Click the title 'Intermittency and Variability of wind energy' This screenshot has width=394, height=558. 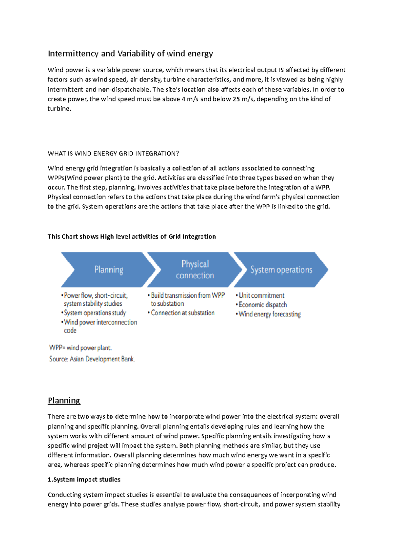(x=130, y=54)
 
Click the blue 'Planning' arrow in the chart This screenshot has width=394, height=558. (x=108, y=269)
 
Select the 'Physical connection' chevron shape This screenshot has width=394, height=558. (x=195, y=269)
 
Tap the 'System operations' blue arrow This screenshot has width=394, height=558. (x=281, y=269)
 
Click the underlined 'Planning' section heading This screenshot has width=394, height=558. (x=64, y=401)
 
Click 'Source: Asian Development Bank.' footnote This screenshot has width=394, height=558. (x=92, y=359)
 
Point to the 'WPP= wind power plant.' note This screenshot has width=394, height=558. (x=80, y=348)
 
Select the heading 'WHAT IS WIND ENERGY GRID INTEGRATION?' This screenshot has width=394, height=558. (x=114, y=153)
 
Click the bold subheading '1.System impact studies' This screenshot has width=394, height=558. (x=84, y=479)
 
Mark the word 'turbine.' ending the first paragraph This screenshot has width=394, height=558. (x=59, y=108)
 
